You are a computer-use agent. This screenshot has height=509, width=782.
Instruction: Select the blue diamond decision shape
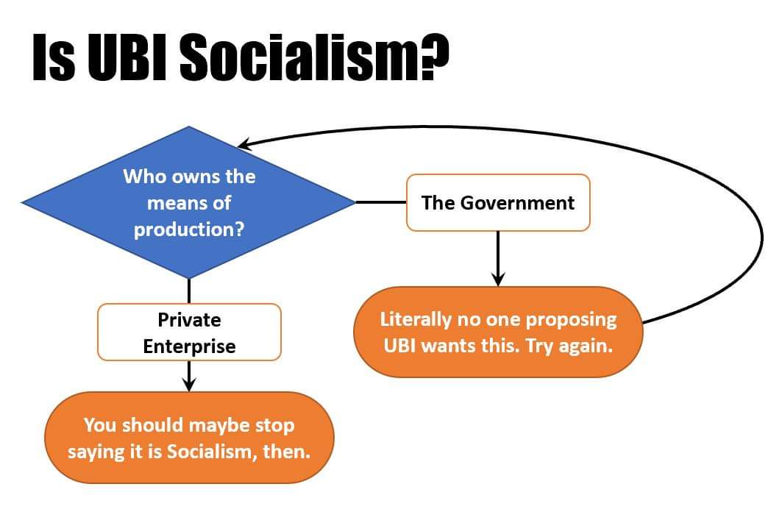pyautogui.click(x=189, y=202)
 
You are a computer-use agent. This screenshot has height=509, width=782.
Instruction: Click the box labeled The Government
pyautogui.click(x=498, y=202)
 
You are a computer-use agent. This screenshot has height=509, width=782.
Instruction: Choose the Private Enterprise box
pyautogui.click(x=189, y=332)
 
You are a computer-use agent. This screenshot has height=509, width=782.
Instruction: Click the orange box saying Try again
pyautogui.click(x=498, y=332)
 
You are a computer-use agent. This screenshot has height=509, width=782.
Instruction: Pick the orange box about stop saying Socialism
pyautogui.click(x=189, y=438)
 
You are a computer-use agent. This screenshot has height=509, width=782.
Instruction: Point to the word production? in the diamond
pyautogui.click(x=188, y=229)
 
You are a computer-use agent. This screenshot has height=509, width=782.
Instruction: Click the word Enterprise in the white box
pyautogui.click(x=189, y=346)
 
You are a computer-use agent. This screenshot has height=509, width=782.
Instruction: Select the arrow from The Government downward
pyautogui.click(x=498, y=258)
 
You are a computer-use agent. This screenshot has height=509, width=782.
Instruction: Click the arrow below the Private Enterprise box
pyautogui.click(x=189, y=376)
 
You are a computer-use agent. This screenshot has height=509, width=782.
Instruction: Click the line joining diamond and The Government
pyautogui.click(x=380, y=202)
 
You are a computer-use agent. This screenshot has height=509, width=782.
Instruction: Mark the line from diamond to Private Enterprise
pyautogui.click(x=189, y=291)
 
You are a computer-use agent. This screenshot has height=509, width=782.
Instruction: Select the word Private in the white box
pyautogui.click(x=189, y=320)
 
